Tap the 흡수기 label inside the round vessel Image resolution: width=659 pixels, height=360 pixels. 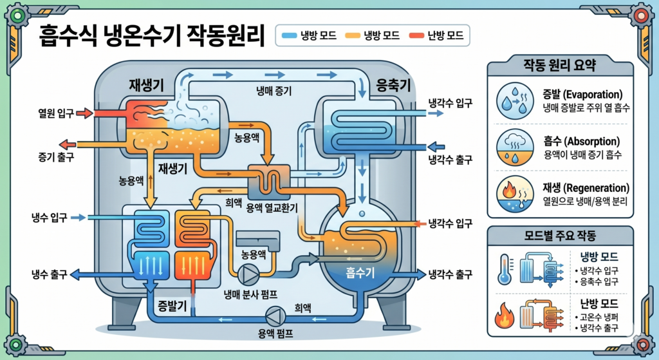(x=360, y=272)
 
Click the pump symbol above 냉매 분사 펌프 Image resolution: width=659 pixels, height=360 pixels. (x=247, y=274)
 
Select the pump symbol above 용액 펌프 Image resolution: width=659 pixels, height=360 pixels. (x=275, y=316)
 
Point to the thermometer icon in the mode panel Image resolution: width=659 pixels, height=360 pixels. (x=505, y=270)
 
